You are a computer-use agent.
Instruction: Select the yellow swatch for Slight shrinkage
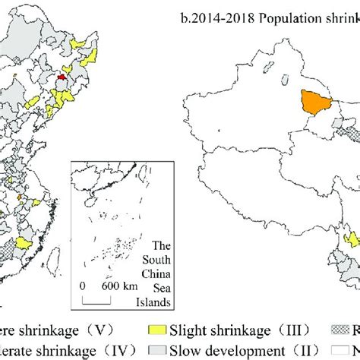[156, 331]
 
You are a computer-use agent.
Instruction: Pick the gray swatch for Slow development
[156, 350]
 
